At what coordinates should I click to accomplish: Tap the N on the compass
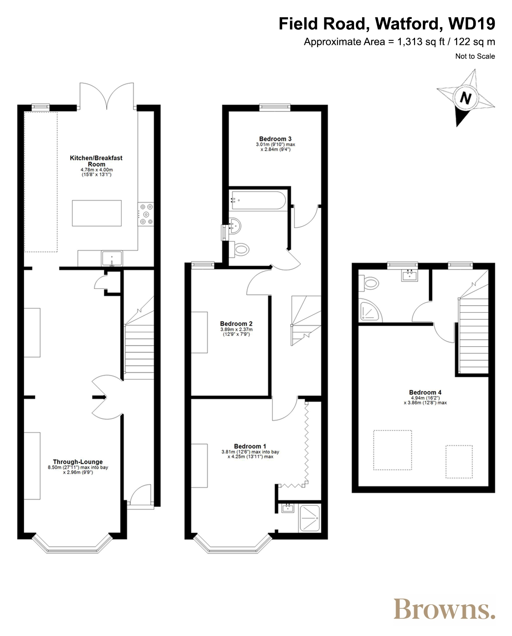[x=465, y=98]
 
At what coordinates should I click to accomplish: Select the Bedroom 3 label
[x=275, y=138]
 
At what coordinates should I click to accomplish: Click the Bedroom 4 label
[x=425, y=392]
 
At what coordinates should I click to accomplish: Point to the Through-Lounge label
[x=78, y=462]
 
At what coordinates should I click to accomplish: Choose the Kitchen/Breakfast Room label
[x=96, y=161]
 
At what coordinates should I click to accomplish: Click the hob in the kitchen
[x=146, y=214]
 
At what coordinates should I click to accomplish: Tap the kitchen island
[x=97, y=213]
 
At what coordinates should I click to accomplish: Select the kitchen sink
[x=112, y=258]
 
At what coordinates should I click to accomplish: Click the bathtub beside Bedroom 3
[x=259, y=200]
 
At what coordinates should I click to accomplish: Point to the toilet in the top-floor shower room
[x=369, y=284]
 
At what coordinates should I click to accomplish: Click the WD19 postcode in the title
[x=472, y=23]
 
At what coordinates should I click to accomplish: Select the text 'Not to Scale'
[x=475, y=56]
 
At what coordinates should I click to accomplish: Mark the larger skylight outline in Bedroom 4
[x=392, y=450]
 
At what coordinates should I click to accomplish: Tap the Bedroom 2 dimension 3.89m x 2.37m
[x=236, y=329]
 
